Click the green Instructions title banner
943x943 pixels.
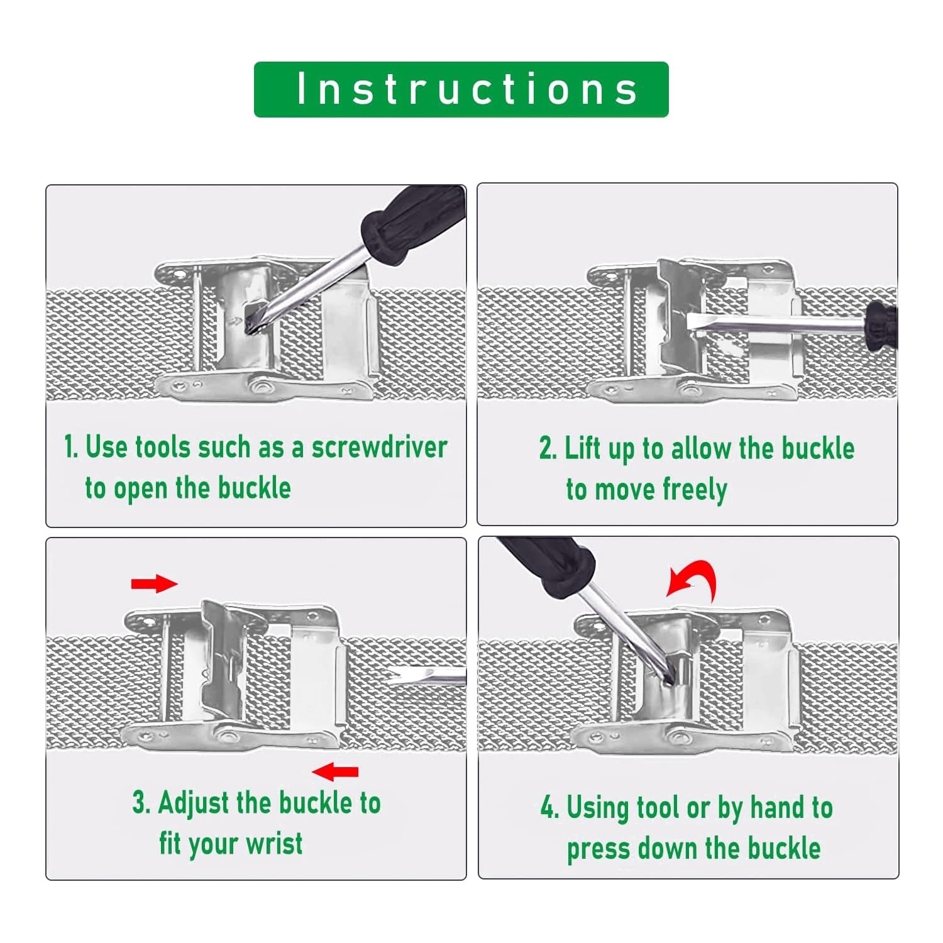click(461, 89)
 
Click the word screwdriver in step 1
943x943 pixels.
click(379, 447)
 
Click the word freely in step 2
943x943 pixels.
click(694, 490)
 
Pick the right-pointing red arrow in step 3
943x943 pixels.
click(154, 583)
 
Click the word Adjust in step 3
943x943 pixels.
click(194, 803)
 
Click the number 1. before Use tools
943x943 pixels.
click(71, 447)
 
